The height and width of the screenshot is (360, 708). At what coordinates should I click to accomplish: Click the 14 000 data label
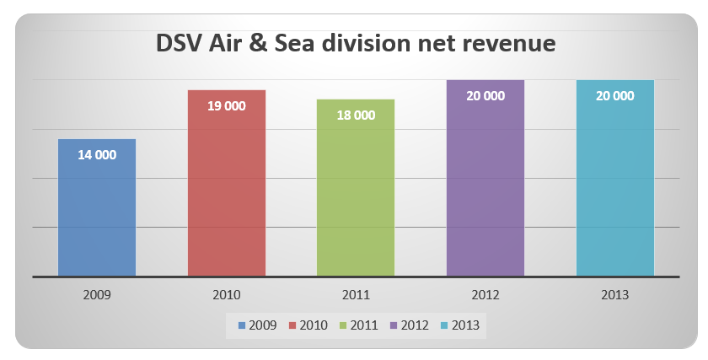coord(97,155)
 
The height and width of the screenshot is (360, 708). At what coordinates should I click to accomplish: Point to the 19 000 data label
coord(227,106)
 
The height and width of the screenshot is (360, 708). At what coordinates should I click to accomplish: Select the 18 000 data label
coord(356,116)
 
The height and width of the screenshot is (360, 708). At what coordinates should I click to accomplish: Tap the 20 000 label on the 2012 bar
coord(485,96)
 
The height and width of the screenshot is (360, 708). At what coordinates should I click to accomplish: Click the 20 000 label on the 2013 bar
coord(615,96)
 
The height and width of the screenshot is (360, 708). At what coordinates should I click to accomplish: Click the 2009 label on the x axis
coord(97,295)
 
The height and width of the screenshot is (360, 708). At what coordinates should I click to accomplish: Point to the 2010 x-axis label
coord(227,295)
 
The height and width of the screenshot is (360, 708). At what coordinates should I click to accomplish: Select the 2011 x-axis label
coord(356,295)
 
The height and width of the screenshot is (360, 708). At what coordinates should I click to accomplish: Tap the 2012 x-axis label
coord(485,295)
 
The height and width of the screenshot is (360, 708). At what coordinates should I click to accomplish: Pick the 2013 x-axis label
coord(615,295)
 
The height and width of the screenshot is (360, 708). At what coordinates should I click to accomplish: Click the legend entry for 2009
coord(259,325)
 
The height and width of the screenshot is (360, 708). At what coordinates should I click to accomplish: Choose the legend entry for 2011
coord(357,325)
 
